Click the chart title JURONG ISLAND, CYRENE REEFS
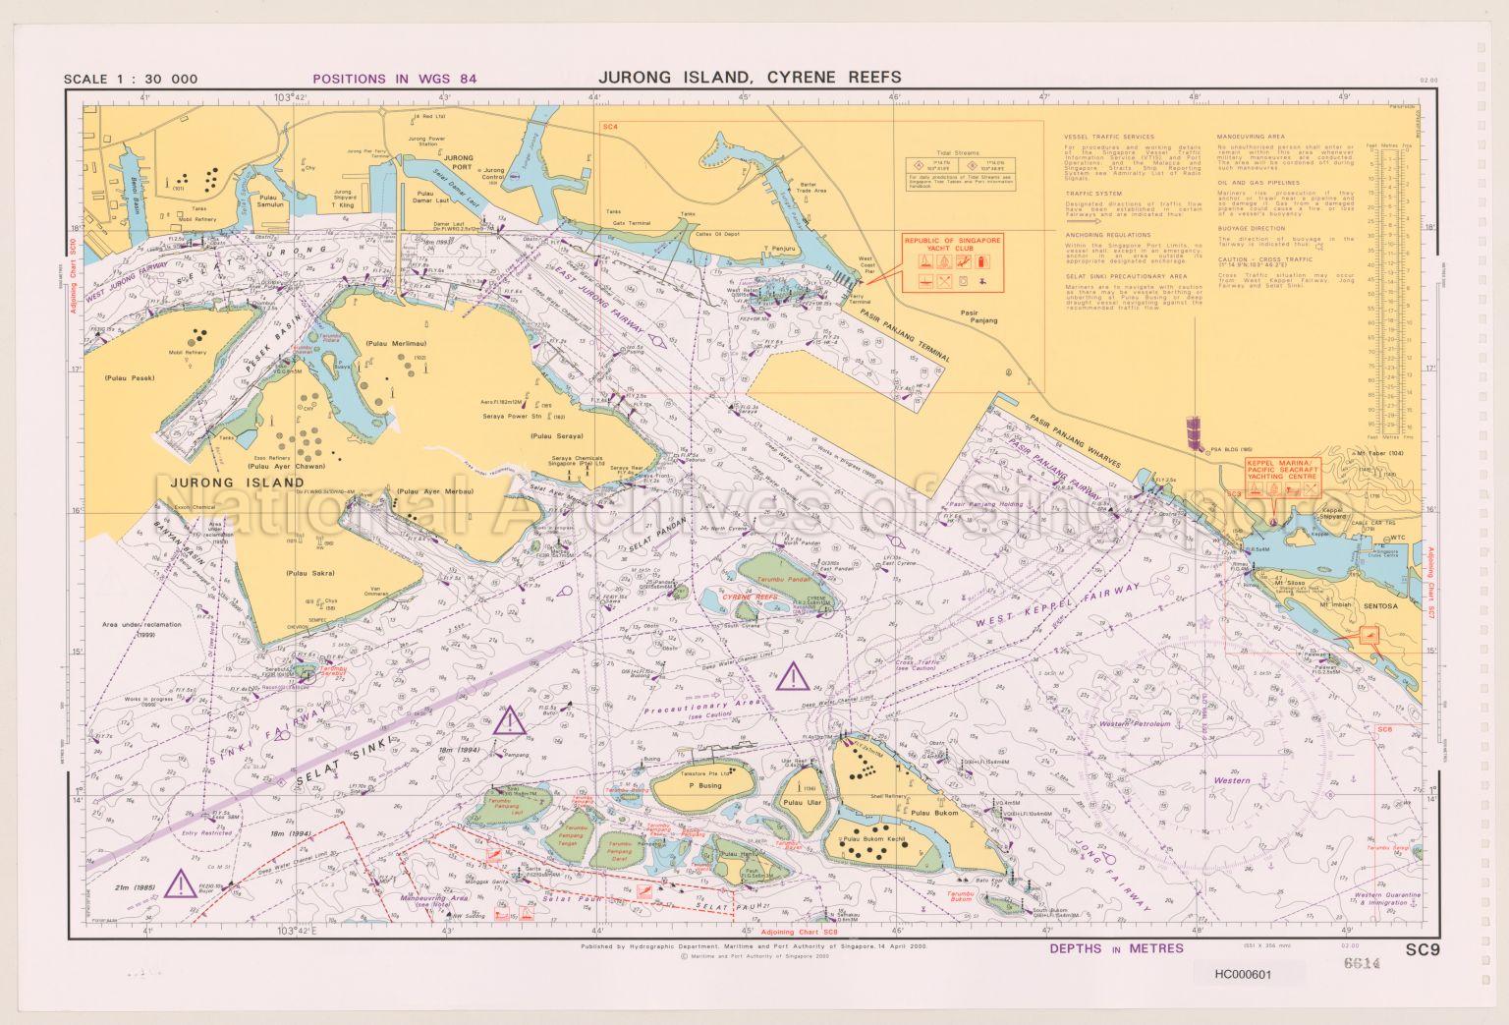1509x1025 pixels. tap(750, 78)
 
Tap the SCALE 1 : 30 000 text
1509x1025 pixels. tap(131, 80)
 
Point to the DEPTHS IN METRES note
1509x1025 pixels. tap(1116, 948)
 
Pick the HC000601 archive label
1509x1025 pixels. tap(1243, 975)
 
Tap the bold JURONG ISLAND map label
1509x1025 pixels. tap(237, 484)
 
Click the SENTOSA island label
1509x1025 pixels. tap(1380, 606)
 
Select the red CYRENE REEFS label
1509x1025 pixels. tap(751, 597)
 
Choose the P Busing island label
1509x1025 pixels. tap(704, 785)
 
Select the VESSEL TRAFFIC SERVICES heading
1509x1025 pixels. tap(1109, 137)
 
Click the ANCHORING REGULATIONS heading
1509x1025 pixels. tap(1107, 235)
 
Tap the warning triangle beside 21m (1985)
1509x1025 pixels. tap(180, 883)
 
